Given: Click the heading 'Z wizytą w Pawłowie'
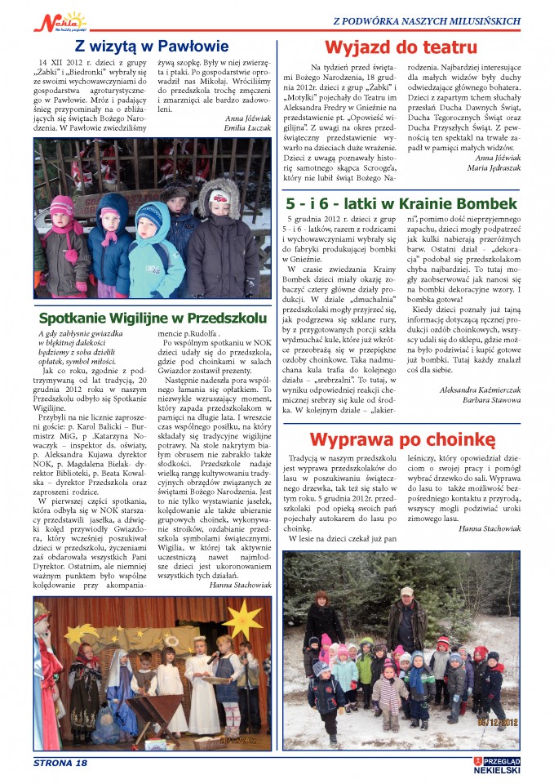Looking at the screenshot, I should click(151, 46).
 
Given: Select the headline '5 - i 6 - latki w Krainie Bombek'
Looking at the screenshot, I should click(401, 203).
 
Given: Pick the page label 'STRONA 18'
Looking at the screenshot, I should click(60, 763).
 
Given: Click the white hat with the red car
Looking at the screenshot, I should click(219, 197).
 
